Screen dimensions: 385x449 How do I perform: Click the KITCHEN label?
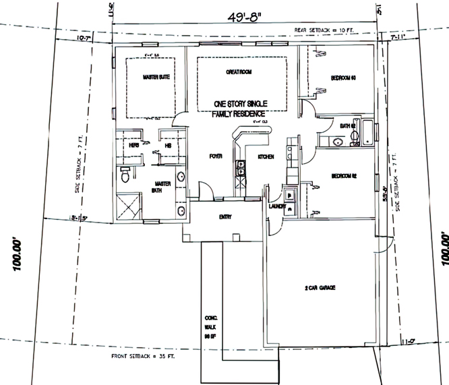coord(265,157)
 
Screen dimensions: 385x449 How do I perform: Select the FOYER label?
coord(216,156)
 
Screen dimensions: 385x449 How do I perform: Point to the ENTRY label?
coord(225,217)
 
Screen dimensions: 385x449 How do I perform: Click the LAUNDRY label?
coord(277,207)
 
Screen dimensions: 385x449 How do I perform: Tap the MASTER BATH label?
coord(162,186)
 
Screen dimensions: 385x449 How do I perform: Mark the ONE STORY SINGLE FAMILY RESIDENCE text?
coord(240,108)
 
